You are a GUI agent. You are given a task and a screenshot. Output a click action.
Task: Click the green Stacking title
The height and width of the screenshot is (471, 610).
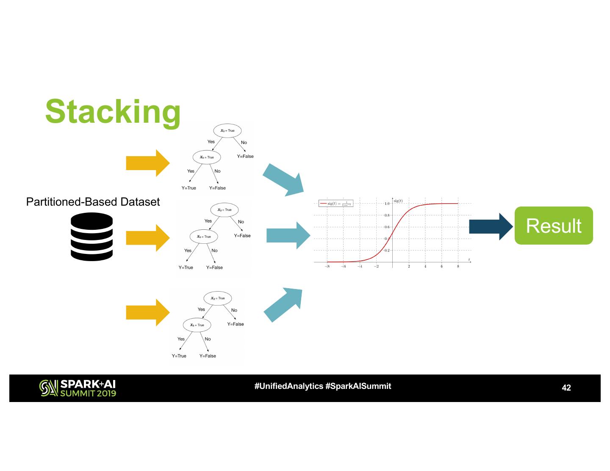pos(113,111)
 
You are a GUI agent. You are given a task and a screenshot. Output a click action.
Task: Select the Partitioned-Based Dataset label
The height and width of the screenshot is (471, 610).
pos(93,202)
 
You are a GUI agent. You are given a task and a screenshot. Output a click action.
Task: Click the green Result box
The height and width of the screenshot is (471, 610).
pos(553,226)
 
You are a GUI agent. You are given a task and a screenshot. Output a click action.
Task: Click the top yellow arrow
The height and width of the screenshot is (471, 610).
pos(147,163)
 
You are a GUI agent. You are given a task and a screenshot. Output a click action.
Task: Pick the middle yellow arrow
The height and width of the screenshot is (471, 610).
pos(147,238)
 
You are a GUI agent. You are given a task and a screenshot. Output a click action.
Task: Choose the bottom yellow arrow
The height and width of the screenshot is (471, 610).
pos(147,313)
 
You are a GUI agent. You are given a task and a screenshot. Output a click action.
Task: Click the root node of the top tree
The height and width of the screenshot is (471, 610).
pos(227,130)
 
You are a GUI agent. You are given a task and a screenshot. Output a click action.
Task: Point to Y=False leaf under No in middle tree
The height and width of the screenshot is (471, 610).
pos(242,236)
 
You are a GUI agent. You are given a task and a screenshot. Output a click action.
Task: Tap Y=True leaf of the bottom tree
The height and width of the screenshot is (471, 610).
pos(179,356)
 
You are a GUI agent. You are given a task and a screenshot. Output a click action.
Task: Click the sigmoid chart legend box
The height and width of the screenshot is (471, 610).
pos(336,204)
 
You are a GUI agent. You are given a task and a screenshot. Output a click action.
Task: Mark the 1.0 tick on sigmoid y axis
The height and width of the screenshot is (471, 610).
pos(387,204)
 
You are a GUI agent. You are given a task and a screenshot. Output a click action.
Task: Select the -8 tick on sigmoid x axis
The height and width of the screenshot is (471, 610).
pos(327,267)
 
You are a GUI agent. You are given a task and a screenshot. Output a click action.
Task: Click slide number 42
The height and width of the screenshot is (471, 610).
pos(566,388)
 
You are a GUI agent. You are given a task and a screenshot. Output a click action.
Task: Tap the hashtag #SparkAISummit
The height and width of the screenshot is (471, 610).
pos(358,386)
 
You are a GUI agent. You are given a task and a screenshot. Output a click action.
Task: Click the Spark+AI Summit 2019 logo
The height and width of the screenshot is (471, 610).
pos(78,388)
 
